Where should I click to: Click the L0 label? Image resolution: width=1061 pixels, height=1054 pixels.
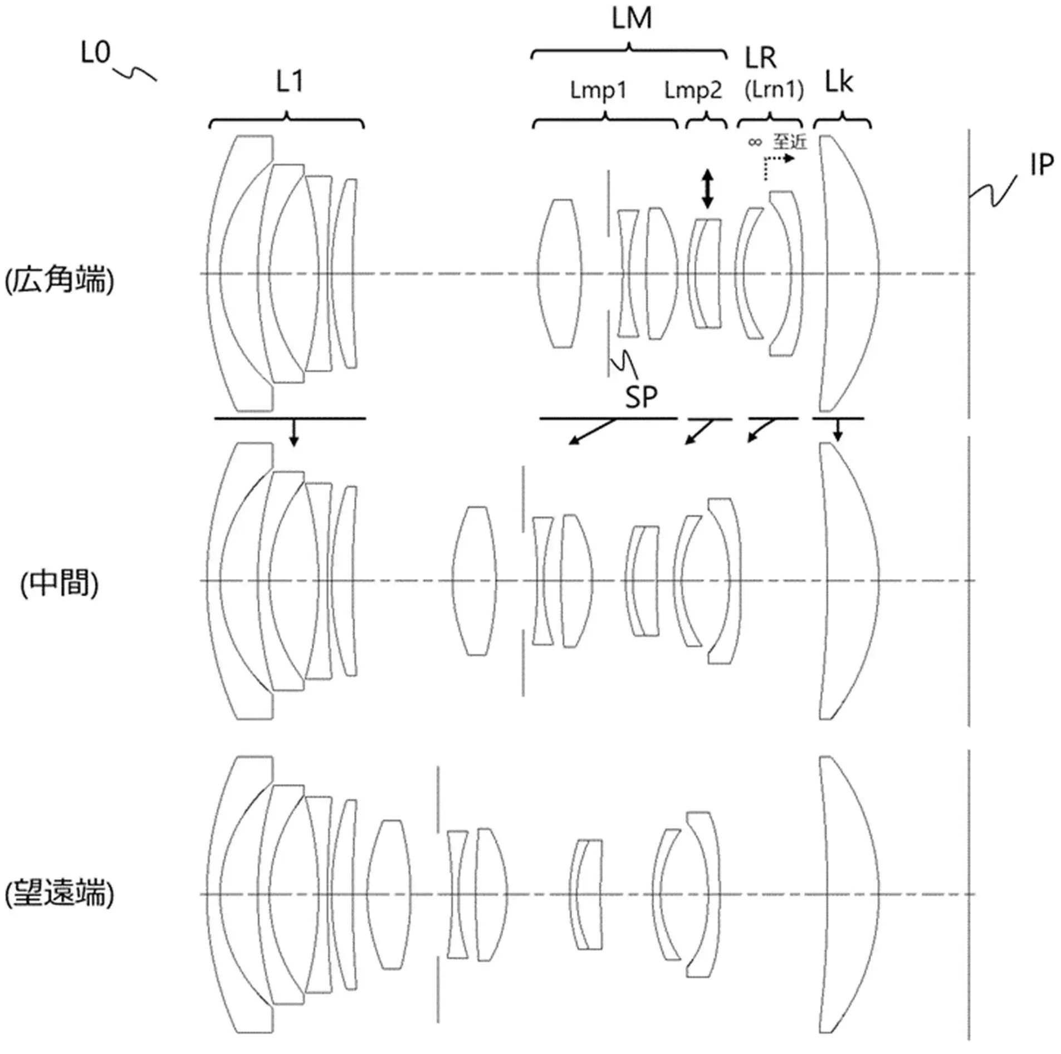pyautogui.click(x=96, y=53)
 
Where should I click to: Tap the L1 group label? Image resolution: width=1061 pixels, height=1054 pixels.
pyautogui.click(x=290, y=82)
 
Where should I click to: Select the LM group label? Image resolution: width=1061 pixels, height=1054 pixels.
pyautogui.click(x=631, y=18)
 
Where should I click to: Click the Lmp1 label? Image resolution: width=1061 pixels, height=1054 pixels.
pyautogui.click(x=598, y=90)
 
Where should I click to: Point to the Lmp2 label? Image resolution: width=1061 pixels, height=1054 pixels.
pyautogui.click(x=693, y=90)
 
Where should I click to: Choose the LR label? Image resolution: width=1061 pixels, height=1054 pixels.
pyautogui.click(x=760, y=58)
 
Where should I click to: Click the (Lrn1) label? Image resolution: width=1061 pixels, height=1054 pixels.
pyautogui.click(x=774, y=90)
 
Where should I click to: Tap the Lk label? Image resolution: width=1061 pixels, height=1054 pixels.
pyautogui.click(x=839, y=82)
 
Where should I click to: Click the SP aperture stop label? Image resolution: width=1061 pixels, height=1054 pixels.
pyautogui.click(x=641, y=396)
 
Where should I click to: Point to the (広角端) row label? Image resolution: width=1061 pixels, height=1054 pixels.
pyautogui.click(x=59, y=280)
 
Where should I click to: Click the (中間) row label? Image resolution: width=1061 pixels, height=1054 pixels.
pyautogui.click(x=59, y=584)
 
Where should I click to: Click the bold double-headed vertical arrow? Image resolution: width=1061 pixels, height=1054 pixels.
pyautogui.click(x=707, y=189)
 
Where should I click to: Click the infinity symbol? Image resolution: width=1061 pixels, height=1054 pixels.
pyautogui.click(x=755, y=142)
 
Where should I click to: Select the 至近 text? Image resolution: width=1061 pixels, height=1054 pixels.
pyautogui.click(x=789, y=141)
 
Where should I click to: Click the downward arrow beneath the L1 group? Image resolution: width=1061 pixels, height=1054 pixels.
pyautogui.click(x=294, y=433)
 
